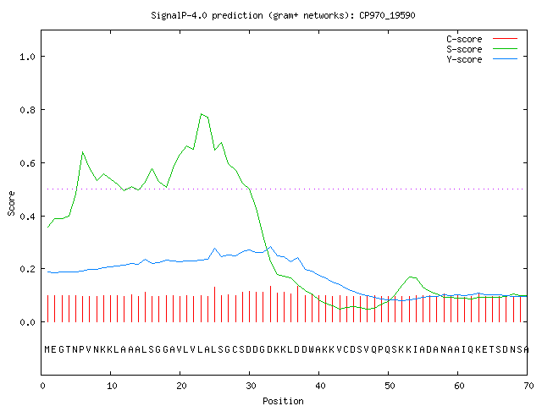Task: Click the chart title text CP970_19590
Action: click(x=387, y=15)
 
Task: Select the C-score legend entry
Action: click(x=482, y=39)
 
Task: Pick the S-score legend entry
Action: click(x=482, y=49)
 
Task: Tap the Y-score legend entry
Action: click(x=482, y=59)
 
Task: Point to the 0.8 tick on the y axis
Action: click(x=28, y=110)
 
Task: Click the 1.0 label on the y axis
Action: click(x=28, y=57)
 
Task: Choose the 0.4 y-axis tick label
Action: click(x=28, y=217)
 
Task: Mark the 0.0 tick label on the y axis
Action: click(x=28, y=322)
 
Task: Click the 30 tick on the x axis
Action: click(x=251, y=386)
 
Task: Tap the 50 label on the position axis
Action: click(x=390, y=386)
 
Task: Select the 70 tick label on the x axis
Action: click(x=528, y=386)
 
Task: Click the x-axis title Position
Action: click(x=283, y=401)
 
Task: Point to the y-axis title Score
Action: click(x=11, y=203)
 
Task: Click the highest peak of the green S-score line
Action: click(x=202, y=114)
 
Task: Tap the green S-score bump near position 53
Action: click(x=410, y=277)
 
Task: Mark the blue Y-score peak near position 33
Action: click(x=270, y=247)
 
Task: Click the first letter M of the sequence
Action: click(x=47, y=349)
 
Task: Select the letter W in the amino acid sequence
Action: click(x=312, y=349)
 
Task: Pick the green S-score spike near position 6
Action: click(x=83, y=152)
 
